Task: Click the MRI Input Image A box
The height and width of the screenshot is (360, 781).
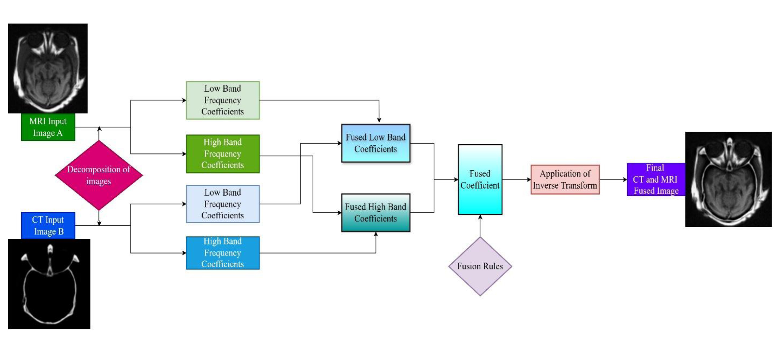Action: click(48, 127)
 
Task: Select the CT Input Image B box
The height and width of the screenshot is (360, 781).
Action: click(48, 225)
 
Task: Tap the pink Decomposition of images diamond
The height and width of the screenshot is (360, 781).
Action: click(99, 175)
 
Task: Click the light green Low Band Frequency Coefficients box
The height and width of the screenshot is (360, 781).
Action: click(222, 100)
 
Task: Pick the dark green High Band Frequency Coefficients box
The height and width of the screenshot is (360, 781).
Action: click(222, 154)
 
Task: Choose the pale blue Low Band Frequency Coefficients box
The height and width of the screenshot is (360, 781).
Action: click(222, 204)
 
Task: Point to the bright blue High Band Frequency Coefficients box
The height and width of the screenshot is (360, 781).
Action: click(222, 253)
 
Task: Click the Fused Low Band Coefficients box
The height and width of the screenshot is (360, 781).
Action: click(375, 143)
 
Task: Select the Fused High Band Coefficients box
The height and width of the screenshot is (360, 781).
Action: click(375, 212)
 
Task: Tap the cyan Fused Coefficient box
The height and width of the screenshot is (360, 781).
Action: click(480, 180)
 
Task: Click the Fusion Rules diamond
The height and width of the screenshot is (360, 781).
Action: click(480, 266)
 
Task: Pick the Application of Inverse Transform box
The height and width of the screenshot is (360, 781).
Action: click(565, 180)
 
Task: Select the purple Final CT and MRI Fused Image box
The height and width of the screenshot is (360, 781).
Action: click(656, 180)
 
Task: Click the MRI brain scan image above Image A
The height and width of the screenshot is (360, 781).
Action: click(48, 69)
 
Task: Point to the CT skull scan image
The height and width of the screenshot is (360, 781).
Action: click(49, 284)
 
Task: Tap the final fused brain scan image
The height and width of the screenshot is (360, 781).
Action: click(728, 179)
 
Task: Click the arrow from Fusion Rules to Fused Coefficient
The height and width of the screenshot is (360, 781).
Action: click(480, 226)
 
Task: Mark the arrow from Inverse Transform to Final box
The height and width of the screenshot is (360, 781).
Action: click(613, 180)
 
